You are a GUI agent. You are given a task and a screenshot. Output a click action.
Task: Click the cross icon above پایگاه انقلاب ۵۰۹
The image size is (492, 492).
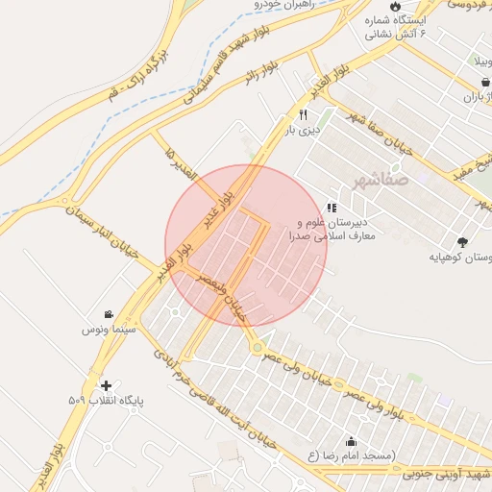pos(106,384)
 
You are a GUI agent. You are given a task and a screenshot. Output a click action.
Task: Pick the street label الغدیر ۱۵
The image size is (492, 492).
pos(181,161)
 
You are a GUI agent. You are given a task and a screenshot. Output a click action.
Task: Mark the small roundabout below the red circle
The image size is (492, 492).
pos(257,346)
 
